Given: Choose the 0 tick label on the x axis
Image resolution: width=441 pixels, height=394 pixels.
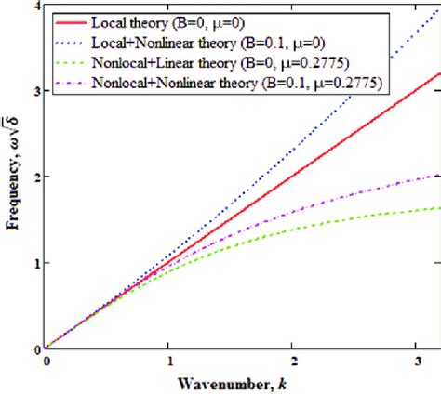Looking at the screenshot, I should click(45, 361).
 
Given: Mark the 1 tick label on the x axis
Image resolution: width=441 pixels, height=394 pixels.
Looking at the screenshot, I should click(168, 361).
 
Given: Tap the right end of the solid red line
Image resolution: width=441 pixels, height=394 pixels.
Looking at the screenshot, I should click(439, 75).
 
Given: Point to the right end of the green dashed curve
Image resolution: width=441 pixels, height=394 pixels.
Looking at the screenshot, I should click(439, 207).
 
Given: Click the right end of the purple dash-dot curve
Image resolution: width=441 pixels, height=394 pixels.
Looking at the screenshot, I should click(439, 174).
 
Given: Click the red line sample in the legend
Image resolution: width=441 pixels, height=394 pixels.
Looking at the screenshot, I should click(74, 20).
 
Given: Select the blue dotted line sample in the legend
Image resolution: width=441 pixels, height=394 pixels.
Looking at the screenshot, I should click(74, 42).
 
